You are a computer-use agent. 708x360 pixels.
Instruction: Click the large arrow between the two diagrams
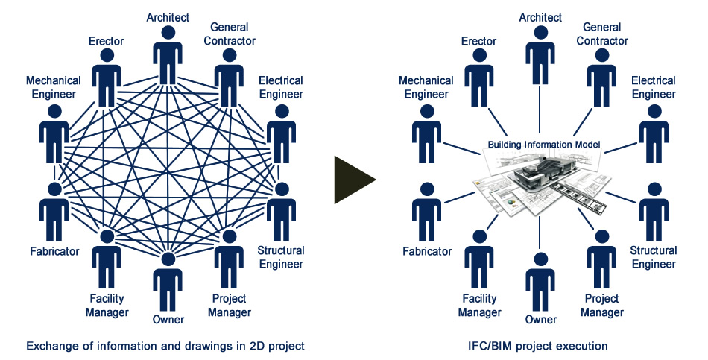pyautogui.click(x=354, y=180)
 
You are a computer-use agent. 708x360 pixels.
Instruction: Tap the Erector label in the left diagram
pyautogui.click(x=107, y=40)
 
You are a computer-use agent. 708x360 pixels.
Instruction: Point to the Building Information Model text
pyautogui.click(x=544, y=144)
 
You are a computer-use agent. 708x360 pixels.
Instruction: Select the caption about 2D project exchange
pyautogui.click(x=165, y=346)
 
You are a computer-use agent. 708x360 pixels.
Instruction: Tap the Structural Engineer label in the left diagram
pyautogui.click(x=279, y=256)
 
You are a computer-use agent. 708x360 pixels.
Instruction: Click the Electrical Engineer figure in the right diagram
pyautogui.click(x=654, y=134)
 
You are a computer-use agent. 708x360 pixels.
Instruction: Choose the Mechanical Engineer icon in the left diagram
pyautogui.click(x=54, y=134)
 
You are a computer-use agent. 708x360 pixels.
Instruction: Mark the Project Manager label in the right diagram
pyautogui.click(x=601, y=306)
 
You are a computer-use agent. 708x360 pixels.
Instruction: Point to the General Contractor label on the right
pyautogui.click(x=601, y=34)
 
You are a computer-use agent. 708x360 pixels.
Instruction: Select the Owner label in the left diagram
pyautogui.click(x=168, y=319)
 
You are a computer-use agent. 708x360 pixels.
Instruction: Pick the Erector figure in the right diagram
pyautogui.click(x=480, y=78)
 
